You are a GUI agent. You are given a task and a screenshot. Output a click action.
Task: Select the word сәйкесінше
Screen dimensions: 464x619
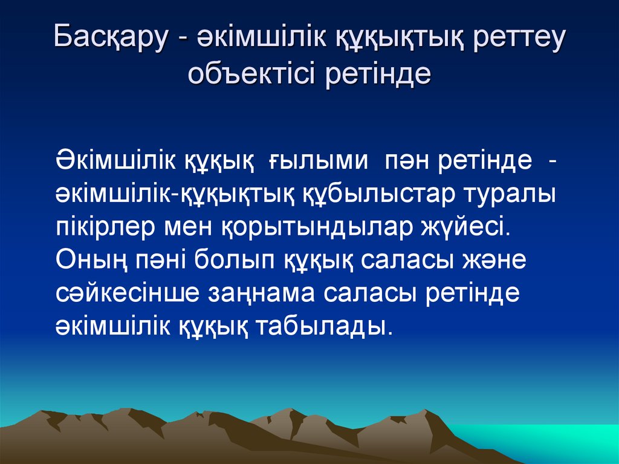tap(128, 295)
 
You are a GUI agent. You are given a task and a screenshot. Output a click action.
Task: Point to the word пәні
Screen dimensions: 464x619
tap(160, 263)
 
